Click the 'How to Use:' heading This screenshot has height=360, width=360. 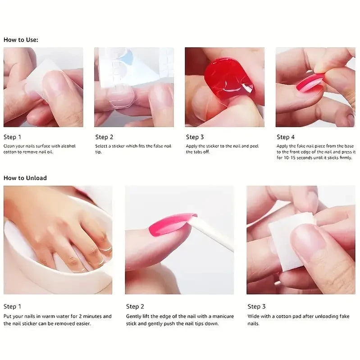click(21, 40)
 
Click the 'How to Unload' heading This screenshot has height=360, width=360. click(25, 178)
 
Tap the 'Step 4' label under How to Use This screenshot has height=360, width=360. click(285, 137)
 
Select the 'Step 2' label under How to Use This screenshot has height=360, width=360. click(104, 137)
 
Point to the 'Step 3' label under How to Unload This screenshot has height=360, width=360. click(256, 306)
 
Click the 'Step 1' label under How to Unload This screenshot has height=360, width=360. click(13, 306)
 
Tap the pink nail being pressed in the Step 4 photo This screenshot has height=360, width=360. click(310, 83)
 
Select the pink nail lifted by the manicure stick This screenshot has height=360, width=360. click(170, 224)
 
